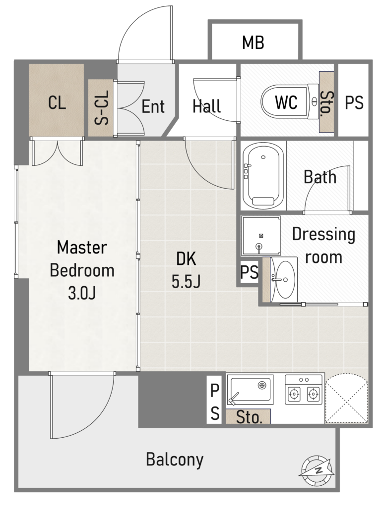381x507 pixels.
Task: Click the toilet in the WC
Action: [x=290, y=102]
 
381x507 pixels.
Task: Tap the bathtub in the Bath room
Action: [x=263, y=176]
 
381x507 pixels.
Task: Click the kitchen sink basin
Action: [x=250, y=390]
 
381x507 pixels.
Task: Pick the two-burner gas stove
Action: [x=304, y=390]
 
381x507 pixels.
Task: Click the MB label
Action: [x=253, y=43]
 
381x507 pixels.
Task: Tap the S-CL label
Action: [x=101, y=107]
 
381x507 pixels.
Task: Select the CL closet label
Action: [x=57, y=103]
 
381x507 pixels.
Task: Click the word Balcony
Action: [x=175, y=459]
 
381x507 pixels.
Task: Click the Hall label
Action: [x=206, y=106]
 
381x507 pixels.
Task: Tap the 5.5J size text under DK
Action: [x=186, y=281]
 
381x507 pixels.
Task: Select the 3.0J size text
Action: [x=82, y=293]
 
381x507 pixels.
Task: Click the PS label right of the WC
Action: [x=354, y=103]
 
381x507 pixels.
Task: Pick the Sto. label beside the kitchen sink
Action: [x=249, y=417]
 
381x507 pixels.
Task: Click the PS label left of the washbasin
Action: [x=249, y=272]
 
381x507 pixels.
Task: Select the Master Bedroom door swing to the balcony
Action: [x=82, y=405]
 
